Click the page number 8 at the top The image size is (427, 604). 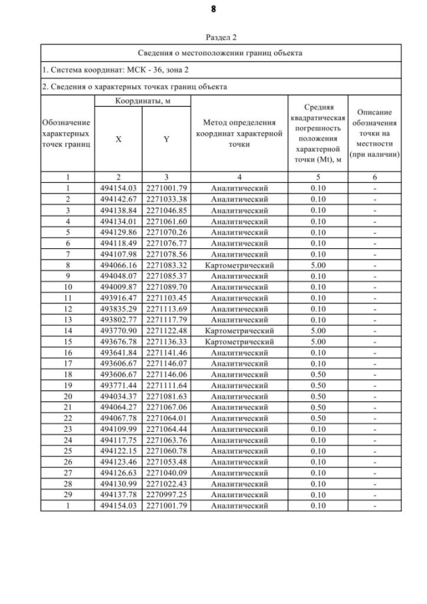click(x=214, y=9)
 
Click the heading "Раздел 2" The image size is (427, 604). click(x=220, y=37)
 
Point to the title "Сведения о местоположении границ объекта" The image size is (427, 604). click(x=220, y=52)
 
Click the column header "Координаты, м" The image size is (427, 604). click(x=142, y=100)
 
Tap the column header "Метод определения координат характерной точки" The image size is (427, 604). click(x=239, y=133)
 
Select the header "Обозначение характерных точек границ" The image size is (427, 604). click(x=67, y=133)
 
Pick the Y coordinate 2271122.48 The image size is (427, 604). click(x=166, y=330)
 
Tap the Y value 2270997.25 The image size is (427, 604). click(x=166, y=495)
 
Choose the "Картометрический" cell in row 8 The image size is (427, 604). click(x=239, y=265)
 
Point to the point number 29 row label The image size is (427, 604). click(x=67, y=495)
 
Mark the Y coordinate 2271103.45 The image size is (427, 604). click(x=166, y=298)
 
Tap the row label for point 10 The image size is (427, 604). click(x=67, y=287)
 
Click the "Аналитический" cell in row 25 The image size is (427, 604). click(x=239, y=451)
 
